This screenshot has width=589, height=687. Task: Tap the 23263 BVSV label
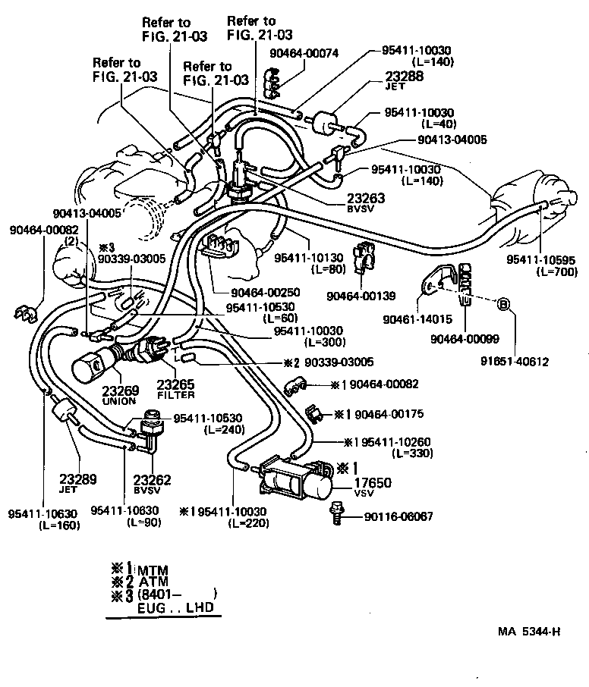366,202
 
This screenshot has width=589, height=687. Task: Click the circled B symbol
502,305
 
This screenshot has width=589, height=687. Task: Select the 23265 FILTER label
175,389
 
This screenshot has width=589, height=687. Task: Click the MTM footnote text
152,570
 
